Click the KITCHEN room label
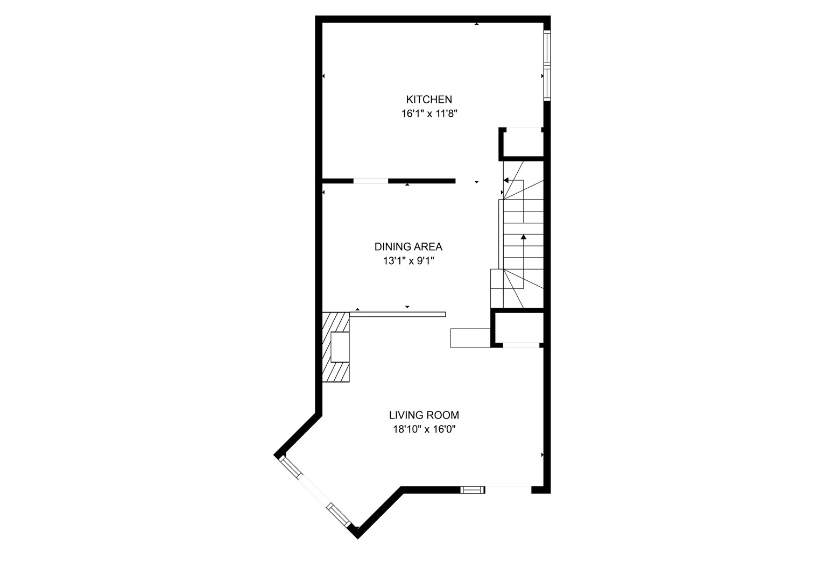click(x=428, y=100)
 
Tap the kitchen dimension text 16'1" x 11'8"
click(x=428, y=114)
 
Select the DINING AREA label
click(x=408, y=247)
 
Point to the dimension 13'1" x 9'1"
click(x=408, y=261)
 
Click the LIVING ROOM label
click(x=424, y=415)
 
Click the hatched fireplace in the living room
click(x=336, y=347)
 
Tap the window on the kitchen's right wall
click(x=547, y=66)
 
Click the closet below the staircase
click(x=518, y=328)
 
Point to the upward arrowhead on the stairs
click(x=523, y=236)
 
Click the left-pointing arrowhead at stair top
click(x=506, y=181)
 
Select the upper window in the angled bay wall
click(x=291, y=466)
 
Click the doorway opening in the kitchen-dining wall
click(x=370, y=181)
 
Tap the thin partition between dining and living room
click(x=398, y=314)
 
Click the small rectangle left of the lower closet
click(x=470, y=337)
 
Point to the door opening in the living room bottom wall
click(x=508, y=490)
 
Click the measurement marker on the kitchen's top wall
click(x=476, y=24)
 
